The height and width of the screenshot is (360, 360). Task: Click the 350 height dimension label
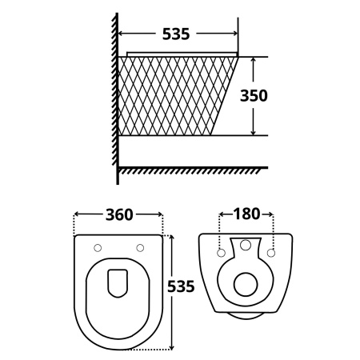tap(254, 95)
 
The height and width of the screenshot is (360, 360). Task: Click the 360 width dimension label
tap(119, 214)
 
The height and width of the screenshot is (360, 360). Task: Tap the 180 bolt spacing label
tap(246, 214)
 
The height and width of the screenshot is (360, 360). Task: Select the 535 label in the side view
tap(176, 34)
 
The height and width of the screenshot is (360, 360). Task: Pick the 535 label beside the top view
tap(181, 286)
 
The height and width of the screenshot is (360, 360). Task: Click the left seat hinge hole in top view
tap(98, 248)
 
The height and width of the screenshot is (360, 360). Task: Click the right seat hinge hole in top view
tap(140, 248)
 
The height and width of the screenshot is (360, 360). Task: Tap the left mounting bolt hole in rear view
tap(221, 253)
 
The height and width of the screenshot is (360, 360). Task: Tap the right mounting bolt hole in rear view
tap(271, 253)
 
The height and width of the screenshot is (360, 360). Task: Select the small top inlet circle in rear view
tap(246, 245)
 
